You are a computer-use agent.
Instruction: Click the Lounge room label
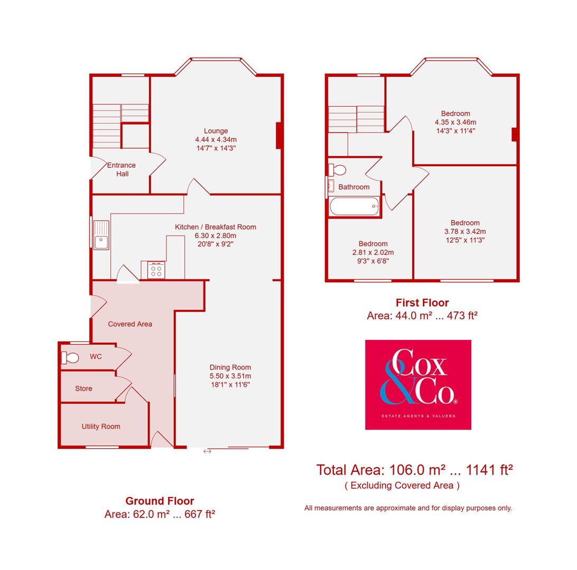click(x=216, y=131)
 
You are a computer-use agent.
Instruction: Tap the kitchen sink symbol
click(x=101, y=235)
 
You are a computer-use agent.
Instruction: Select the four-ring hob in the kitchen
click(x=156, y=270)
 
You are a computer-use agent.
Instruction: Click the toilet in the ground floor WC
click(x=70, y=358)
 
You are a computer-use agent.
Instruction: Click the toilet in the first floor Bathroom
click(x=337, y=170)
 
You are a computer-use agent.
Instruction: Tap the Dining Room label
click(x=230, y=367)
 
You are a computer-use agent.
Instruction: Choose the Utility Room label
click(x=101, y=426)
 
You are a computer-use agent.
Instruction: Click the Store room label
click(x=83, y=388)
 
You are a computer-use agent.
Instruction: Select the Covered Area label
click(x=130, y=324)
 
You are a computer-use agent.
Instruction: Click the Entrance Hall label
click(x=122, y=169)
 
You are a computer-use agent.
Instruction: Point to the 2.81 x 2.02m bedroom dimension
click(x=373, y=252)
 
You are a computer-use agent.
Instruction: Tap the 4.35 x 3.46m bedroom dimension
click(x=455, y=122)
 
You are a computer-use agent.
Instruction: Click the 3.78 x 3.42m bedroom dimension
click(x=465, y=231)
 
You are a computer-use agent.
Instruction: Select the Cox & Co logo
click(x=418, y=384)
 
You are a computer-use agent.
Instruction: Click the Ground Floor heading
click(x=160, y=501)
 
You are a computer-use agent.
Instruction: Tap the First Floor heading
click(x=422, y=302)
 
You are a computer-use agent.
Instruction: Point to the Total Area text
click(x=415, y=470)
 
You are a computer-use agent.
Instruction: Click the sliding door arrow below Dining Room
click(x=207, y=451)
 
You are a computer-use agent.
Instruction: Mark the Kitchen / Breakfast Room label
click(x=216, y=227)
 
